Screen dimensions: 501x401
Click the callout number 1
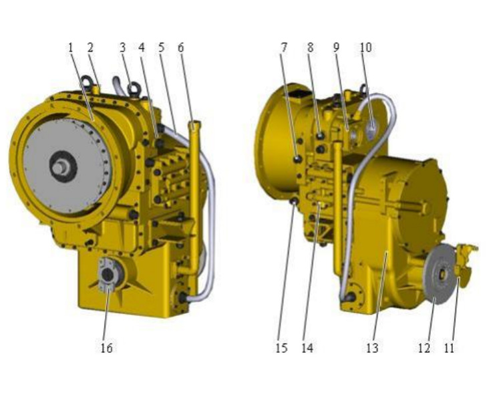click(x=71, y=48)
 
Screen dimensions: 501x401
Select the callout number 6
click(x=180, y=48)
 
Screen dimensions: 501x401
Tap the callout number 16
click(x=106, y=348)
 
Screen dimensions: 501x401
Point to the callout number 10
click(x=365, y=47)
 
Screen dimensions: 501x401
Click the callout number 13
click(x=372, y=348)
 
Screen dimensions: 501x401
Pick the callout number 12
click(x=424, y=348)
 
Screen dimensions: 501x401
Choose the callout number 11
click(x=449, y=348)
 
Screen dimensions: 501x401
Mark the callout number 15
click(x=281, y=348)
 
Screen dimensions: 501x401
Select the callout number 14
click(x=307, y=348)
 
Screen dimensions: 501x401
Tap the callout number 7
click(x=284, y=47)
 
